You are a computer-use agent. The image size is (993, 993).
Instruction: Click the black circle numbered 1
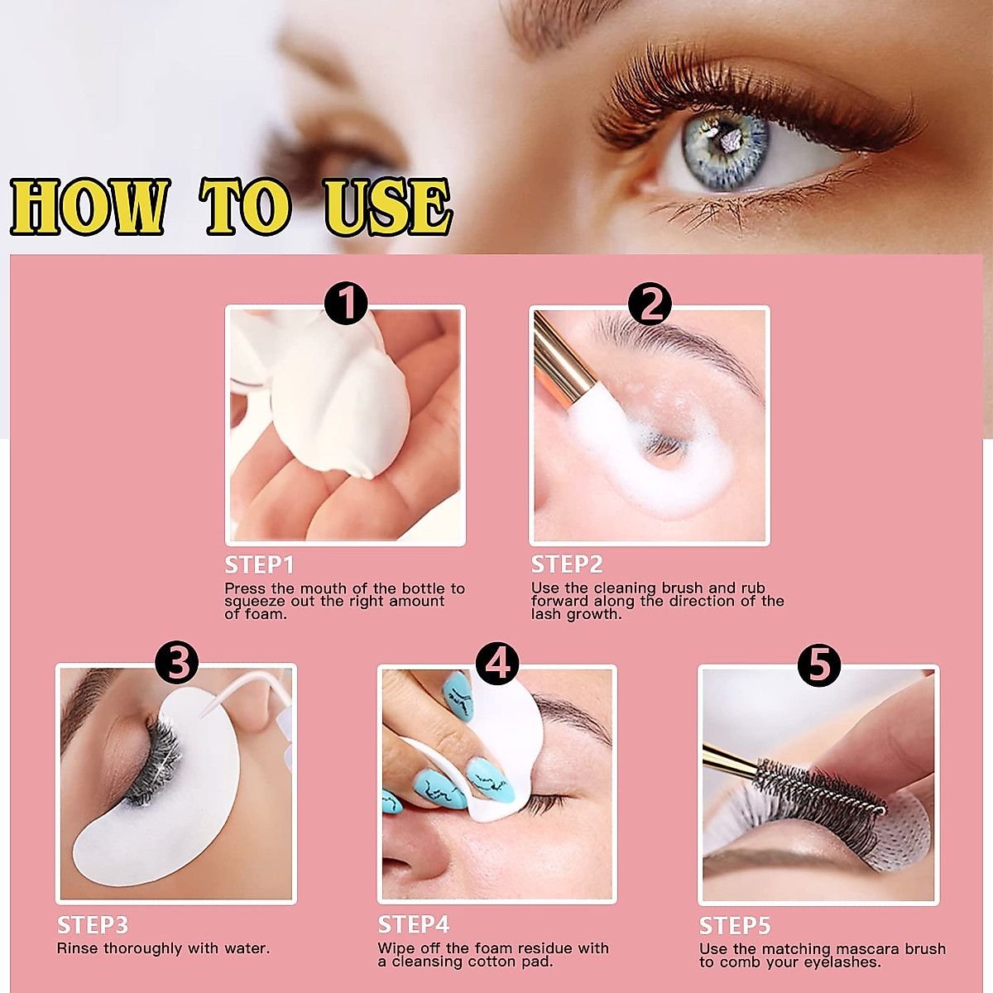click(x=346, y=303)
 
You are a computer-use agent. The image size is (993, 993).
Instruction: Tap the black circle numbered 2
click(x=650, y=304)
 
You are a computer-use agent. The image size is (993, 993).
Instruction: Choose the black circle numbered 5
click(x=818, y=664)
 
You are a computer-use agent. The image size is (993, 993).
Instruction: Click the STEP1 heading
click(x=259, y=565)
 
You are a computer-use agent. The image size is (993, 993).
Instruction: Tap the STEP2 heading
click(x=567, y=564)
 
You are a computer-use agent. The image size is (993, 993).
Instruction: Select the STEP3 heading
click(x=93, y=925)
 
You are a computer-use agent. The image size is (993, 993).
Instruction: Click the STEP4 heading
click(x=414, y=924)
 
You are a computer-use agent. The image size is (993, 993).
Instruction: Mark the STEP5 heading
click(x=735, y=925)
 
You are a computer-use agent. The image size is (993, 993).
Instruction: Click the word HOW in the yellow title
click(x=89, y=207)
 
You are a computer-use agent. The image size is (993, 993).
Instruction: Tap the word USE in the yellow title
click(x=387, y=207)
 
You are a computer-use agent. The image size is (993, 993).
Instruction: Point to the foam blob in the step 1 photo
click(x=339, y=397)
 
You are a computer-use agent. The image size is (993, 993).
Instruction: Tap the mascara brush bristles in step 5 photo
click(x=819, y=786)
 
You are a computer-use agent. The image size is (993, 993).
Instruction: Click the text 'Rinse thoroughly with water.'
click(x=163, y=948)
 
